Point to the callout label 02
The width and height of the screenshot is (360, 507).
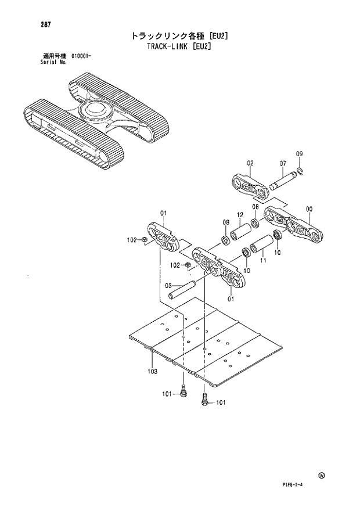tap(250, 163)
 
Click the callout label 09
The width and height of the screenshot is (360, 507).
tap(299, 154)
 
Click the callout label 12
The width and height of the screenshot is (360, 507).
tap(239, 214)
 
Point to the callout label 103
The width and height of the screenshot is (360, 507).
tap(153, 371)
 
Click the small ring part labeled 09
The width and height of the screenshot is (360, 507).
tap(299, 170)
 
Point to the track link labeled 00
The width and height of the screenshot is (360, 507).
tap(293, 226)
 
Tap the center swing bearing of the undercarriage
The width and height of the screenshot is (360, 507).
tap(95, 110)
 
